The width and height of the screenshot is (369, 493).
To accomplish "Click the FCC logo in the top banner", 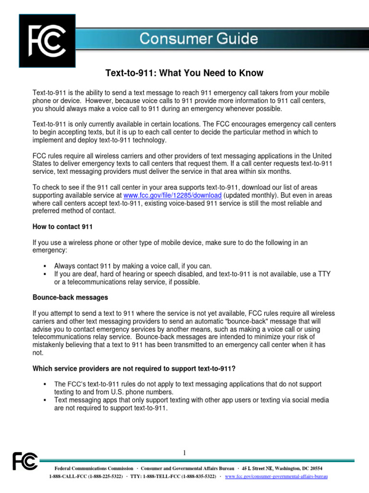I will pyautogui.click(x=47, y=40).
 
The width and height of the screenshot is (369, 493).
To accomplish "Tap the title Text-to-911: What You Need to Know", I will pyautogui.click(x=184, y=73).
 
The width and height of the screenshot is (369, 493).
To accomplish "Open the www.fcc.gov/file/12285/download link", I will pyautogui.click(x=172, y=195).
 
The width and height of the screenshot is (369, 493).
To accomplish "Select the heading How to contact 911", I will pyautogui.click(x=62, y=226).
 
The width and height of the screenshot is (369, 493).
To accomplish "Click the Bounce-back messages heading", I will pyautogui.click(x=70, y=297).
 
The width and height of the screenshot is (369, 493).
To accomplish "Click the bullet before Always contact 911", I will pyautogui.click(x=44, y=266).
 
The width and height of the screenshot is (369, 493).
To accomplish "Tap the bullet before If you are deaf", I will pyautogui.click(x=44, y=274).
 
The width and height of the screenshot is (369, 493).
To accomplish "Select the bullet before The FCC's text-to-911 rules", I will pyautogui.click(x=44, y=384).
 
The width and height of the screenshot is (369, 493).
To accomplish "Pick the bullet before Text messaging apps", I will pyautogui.click(x=44, y=400).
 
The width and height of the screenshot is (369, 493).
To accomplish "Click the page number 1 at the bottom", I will pyautogui.click(x=184, y=453).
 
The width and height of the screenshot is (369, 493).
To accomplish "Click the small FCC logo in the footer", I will pyautogui.click(x=25, y=461).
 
